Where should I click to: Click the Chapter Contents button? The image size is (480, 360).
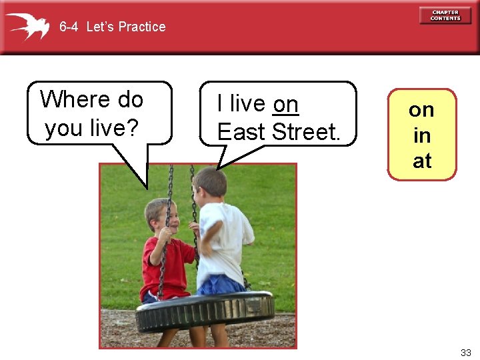click(x=445, y=15)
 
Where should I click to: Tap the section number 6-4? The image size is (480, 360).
click(x=69, y=27)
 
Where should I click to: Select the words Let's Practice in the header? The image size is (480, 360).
click(x=126, y=27)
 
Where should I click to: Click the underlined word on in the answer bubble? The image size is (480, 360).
click(x=286, y=105)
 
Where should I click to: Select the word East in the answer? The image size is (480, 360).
click(x=241, y=132)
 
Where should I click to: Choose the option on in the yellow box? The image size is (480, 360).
click(x=421, y=110)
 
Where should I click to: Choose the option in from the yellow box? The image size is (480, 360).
click(x=421, y=135)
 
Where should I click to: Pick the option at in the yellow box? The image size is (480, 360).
click(x=421, y=161)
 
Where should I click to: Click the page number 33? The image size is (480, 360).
click(x=465, y=351)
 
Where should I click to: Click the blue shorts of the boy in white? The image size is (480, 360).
click(x=220, y=285)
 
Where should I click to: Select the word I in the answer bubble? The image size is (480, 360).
click(x=221, y=105)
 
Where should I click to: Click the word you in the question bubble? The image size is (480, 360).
click(x=64, y=127)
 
